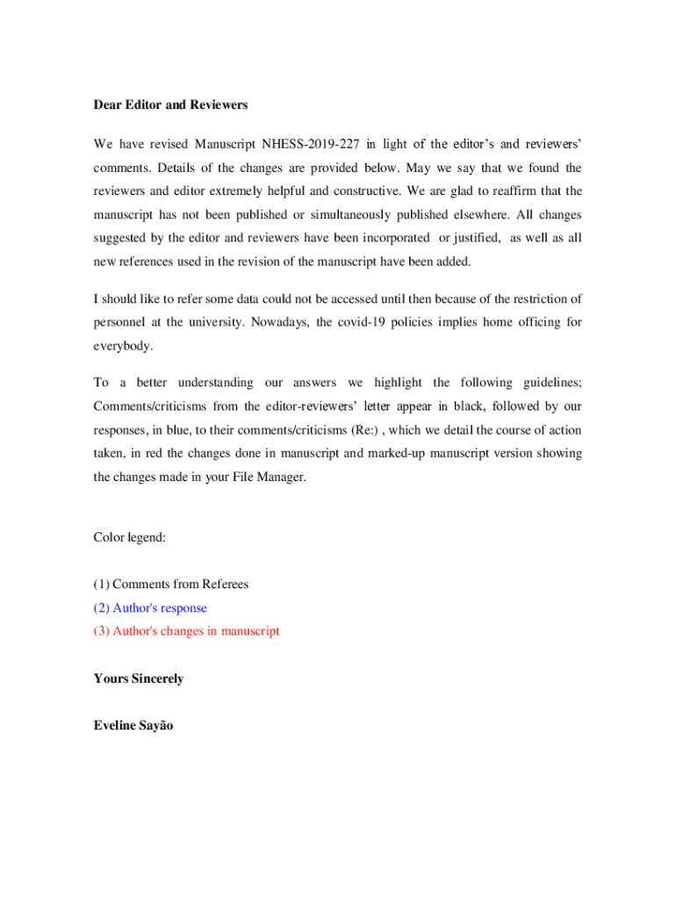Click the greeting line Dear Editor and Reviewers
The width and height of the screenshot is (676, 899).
click(170, 104)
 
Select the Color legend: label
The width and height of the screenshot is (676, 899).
click(130, 537)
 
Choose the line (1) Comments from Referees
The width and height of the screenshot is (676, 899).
click(170, 584)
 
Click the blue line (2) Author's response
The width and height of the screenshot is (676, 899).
click(150, 608)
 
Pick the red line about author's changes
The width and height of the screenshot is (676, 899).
click(186, 631)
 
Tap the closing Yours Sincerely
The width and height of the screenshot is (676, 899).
click(138, 679)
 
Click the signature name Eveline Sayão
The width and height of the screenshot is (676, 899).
click(133, 725)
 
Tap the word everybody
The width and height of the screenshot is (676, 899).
click(123, 346)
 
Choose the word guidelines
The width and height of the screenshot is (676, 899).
click(551, 383)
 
